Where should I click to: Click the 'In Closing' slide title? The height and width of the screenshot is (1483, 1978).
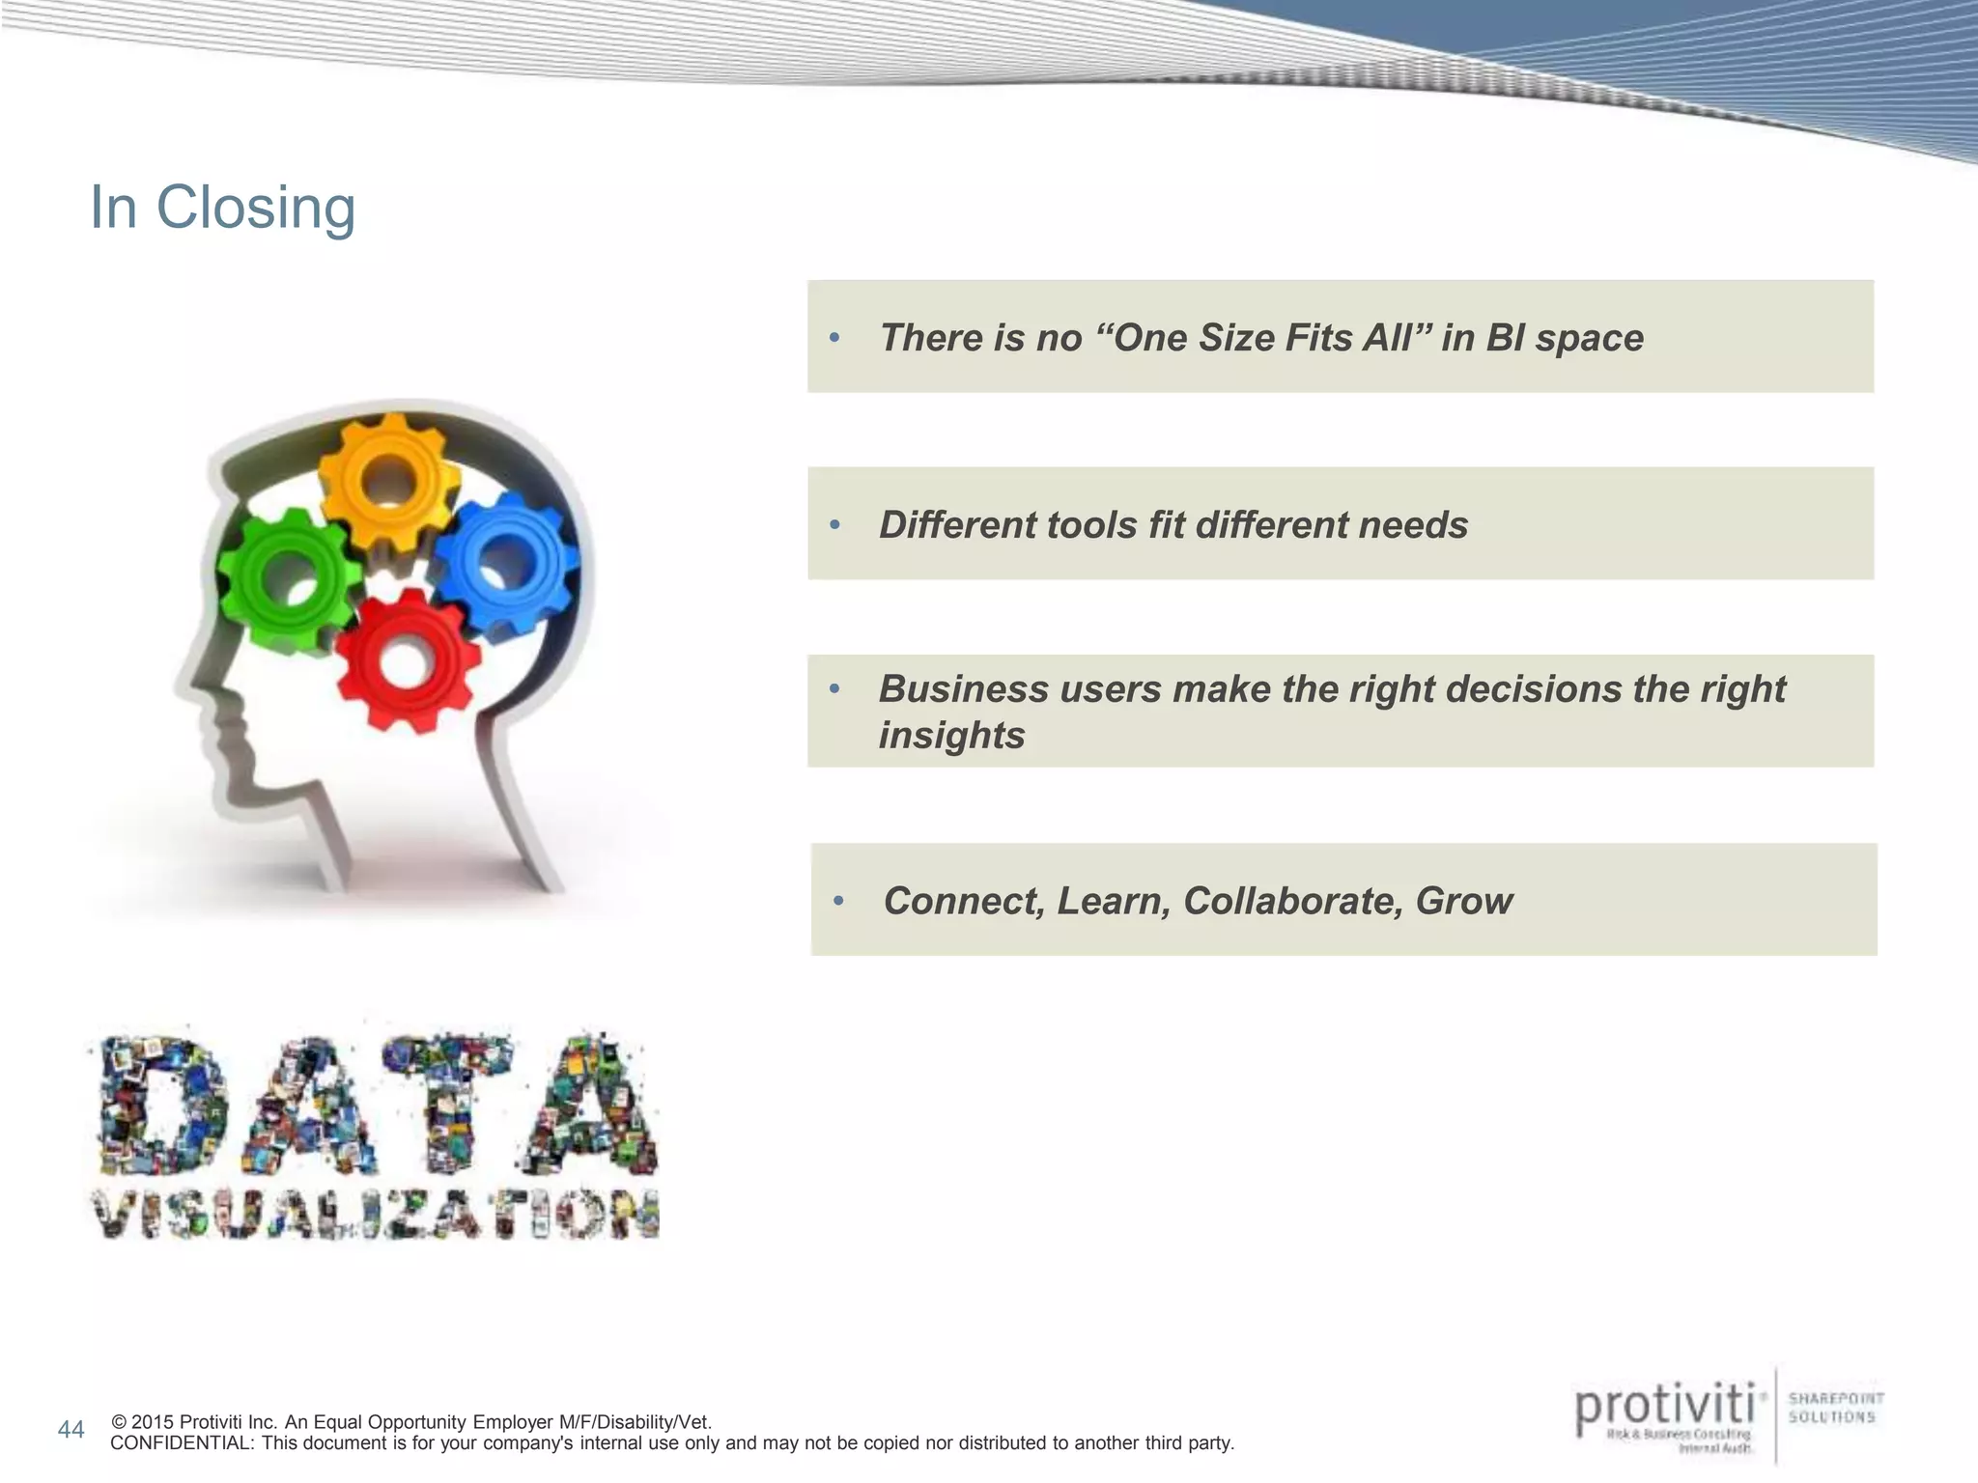[222, 208]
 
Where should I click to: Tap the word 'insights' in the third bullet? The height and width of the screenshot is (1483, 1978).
[951, 736]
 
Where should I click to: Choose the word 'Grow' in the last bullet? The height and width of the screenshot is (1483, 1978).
[1464, 901]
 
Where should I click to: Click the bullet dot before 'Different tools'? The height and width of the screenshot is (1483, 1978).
[835, 526]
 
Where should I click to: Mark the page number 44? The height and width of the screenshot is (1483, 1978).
[71, 1430]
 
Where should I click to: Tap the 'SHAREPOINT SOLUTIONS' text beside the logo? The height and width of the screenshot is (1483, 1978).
[1835, 1407]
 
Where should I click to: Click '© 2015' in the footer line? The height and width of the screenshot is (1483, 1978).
[144, 1422]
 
